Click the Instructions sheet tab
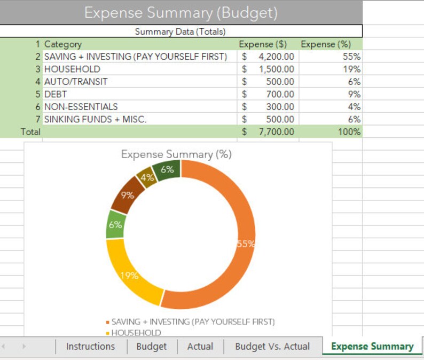click(90, 347)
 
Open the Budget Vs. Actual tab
click(272, 347)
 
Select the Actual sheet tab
click(200, 347)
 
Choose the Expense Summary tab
click(372, 347)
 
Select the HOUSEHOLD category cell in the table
click(72, 69)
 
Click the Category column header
click(62, 44)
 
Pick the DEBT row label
click(56, 94)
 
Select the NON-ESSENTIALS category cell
click(81, 107)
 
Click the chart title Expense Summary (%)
click(176, 154)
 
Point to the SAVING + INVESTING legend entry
click(192, 322)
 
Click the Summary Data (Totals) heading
click(180, 32)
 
